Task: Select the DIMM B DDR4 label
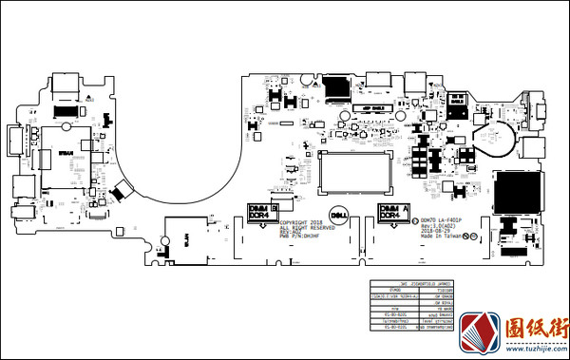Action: click(260, 212)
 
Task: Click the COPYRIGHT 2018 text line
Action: click(300, 223)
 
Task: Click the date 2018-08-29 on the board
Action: click(436, 230)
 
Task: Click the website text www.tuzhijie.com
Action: click(534, 348)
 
